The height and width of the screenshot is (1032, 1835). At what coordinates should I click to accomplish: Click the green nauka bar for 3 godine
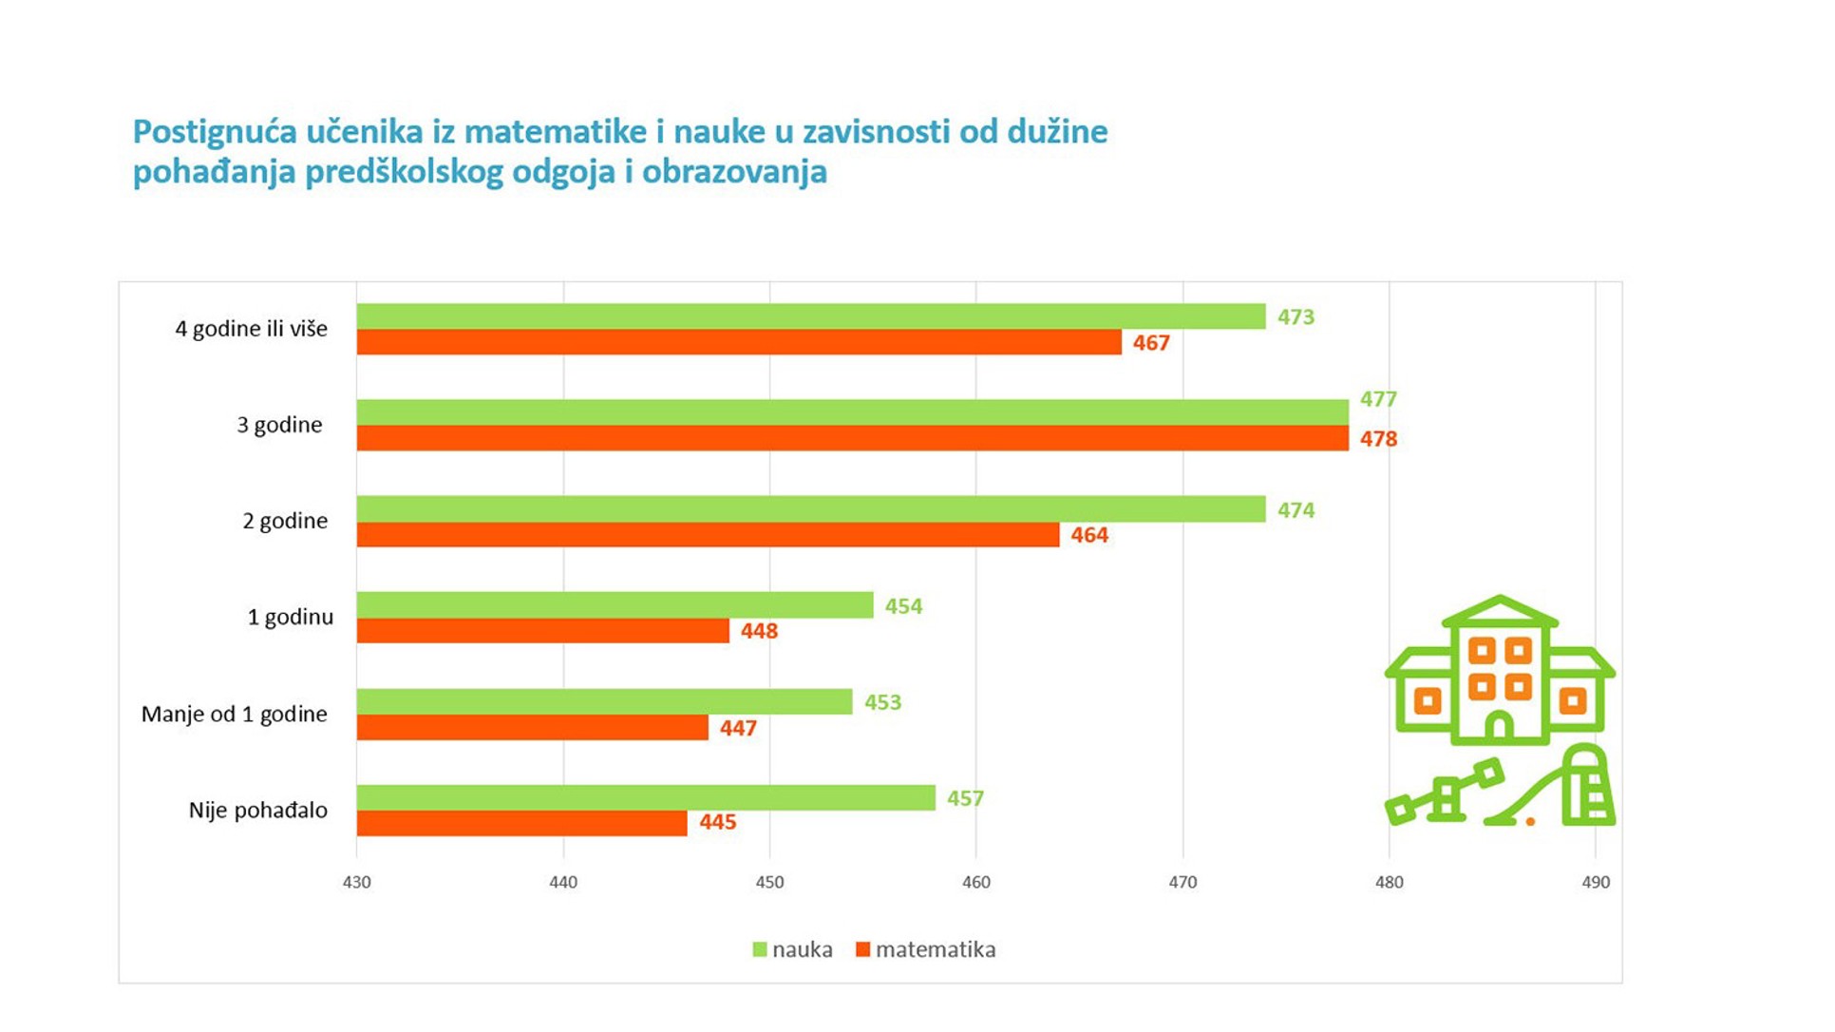click(852, 412)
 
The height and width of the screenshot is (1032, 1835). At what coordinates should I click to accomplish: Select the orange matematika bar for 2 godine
click(708, 535)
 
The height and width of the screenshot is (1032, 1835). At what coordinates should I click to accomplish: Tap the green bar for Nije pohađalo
click(646, 798)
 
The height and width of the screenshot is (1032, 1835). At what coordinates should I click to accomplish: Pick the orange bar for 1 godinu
click(542, 631)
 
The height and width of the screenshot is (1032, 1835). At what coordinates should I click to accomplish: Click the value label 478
click(1378, 439)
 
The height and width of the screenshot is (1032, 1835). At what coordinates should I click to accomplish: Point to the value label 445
click(717, 822)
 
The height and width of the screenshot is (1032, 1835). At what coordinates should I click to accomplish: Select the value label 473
click(1296, 317)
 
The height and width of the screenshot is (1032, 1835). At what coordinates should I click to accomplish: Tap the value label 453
click(882, 703)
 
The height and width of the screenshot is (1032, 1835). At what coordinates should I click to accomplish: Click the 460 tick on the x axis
click(975, 883)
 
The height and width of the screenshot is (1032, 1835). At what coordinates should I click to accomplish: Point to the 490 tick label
click(1596, 883)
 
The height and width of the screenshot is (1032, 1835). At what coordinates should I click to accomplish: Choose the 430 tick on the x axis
click(357, 883)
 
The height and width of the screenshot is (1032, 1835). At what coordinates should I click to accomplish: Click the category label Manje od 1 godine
click(234, 715)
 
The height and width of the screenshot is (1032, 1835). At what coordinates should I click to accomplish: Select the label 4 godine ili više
click(251, 329)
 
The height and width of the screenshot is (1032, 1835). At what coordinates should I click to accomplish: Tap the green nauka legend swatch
click(760, 949)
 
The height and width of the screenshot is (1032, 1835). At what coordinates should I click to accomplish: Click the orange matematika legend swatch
click(862, 949)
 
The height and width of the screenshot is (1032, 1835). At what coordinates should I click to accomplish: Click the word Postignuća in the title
click(215, 132)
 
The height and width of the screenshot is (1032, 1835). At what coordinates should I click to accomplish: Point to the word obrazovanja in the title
click(734, 173)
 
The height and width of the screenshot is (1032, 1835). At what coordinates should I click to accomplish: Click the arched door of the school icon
click(1499, 727)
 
